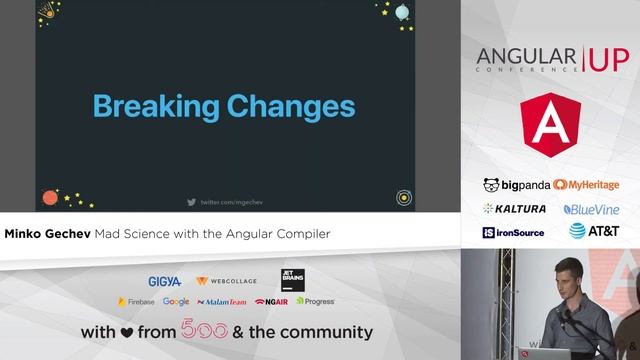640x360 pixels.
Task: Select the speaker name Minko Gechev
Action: click(x=47, y=233)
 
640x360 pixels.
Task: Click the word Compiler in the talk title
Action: click(x=299, y=233)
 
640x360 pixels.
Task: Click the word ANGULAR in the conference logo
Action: click(x=524, y=55)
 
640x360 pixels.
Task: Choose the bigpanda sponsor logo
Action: click(x=515, y=185)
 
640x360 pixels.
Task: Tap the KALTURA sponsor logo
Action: click(x=515, y=209)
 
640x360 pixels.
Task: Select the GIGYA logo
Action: click(x=164, y=282)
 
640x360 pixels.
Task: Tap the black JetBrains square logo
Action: click(x=293, y=279)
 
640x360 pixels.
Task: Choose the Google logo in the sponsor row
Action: click(x=176, y=301)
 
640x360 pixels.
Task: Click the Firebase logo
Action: click(x=137, y=301)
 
